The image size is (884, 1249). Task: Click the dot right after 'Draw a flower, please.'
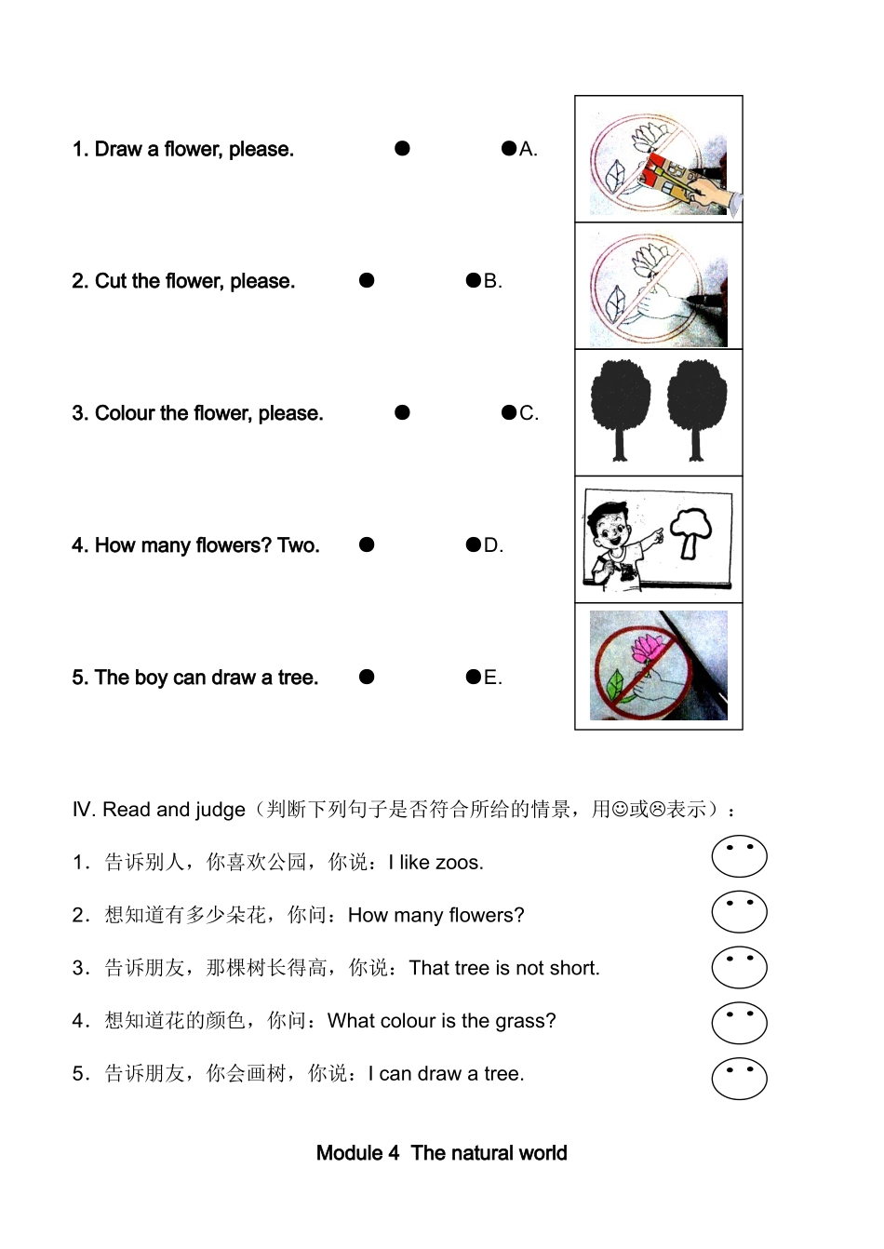point(402,148)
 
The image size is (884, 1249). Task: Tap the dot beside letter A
point(508,148)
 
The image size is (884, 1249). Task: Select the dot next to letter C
point(508,412)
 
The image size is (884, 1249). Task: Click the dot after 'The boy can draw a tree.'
point(367,677)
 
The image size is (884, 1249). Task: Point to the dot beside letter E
point(473,677)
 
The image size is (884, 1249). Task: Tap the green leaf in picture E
point(614,687)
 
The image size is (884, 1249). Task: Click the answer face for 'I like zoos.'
point(739,856)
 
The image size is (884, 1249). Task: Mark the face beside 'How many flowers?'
point(739,912)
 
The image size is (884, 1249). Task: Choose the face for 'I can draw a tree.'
point(739,1079)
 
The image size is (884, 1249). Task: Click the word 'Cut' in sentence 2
point(111,281)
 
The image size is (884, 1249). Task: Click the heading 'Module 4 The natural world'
point(441,1153)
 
